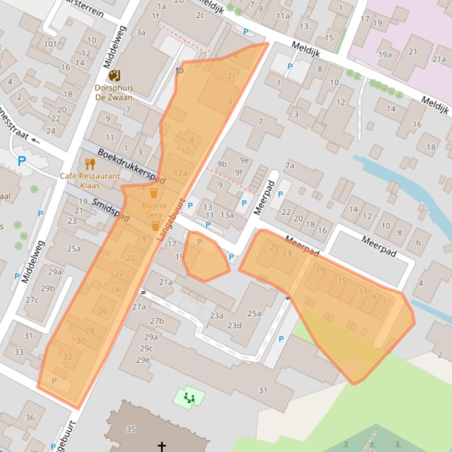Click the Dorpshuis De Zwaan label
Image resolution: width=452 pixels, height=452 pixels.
114,93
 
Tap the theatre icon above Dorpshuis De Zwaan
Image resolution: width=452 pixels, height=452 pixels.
114,75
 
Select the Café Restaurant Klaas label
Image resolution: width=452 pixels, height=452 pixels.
90,180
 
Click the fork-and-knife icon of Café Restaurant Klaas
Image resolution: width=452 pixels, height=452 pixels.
90,164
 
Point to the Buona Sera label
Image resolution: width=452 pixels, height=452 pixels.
154,210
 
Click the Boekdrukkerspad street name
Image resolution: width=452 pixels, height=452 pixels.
131,167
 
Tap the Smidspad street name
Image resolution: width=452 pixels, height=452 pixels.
111,209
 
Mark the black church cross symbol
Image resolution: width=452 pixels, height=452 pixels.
161,447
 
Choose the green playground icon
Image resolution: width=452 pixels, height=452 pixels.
189,398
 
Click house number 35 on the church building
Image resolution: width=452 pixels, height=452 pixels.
130,429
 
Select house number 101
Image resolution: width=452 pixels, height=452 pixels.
50,43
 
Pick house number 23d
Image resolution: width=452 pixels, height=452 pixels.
235,326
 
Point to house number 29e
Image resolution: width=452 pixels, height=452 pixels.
143,359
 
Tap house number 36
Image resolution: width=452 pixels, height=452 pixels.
30,417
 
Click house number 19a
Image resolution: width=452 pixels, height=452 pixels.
385,55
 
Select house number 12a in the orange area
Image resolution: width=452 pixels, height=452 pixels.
180,173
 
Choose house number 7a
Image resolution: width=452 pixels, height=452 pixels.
289,166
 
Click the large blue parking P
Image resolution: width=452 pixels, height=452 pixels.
22,161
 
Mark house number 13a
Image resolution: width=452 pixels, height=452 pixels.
227,215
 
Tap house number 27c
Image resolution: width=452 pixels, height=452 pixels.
32,300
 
